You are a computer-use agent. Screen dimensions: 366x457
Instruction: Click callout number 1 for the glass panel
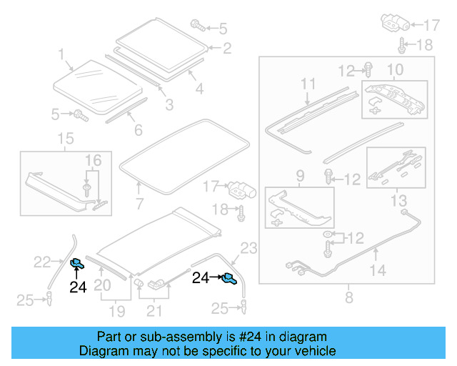(61, 54)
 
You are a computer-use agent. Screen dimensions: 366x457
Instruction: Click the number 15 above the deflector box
(65, 138)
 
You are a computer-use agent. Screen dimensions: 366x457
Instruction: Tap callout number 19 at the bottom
(117, 311)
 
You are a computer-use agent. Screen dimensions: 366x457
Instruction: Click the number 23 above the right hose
(247, 249)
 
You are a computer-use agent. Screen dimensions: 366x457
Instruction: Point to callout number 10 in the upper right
(395, 70)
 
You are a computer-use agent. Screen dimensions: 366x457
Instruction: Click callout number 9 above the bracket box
(299, 174)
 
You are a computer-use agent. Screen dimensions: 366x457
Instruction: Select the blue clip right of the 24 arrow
(228, 279)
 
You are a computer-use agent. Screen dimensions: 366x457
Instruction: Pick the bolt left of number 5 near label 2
(196, 26)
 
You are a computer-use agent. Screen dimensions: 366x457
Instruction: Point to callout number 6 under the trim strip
(138, 130)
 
